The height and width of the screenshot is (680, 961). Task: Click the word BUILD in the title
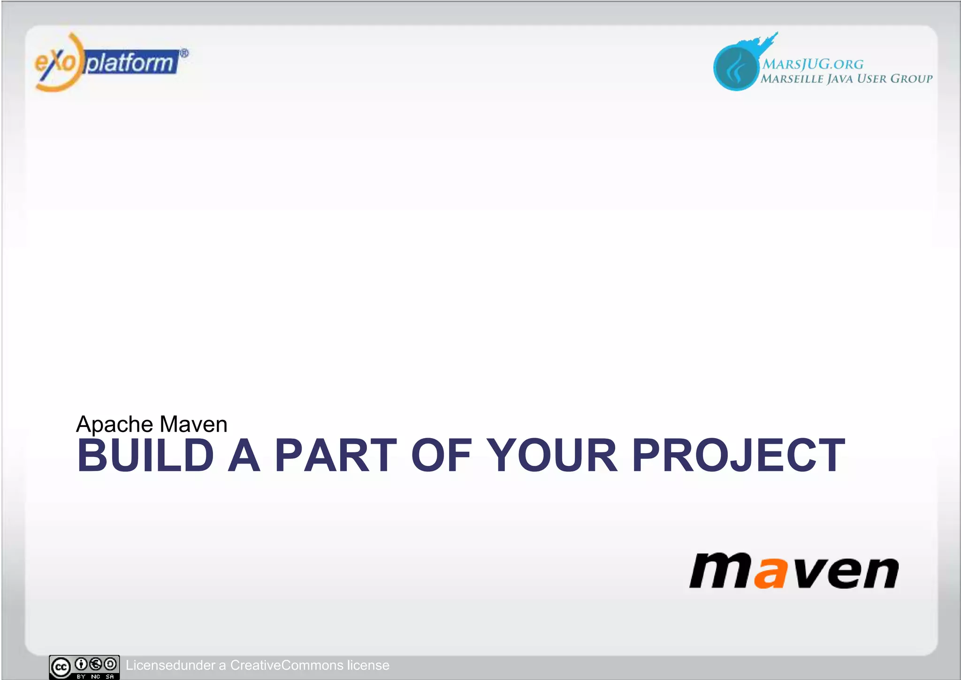(145, 455)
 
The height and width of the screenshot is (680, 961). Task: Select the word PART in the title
(336, 455)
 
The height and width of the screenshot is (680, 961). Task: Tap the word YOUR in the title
(552, 455)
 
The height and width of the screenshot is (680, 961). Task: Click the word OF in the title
(441, 455)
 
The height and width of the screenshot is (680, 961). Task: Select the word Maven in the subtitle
(193, 424)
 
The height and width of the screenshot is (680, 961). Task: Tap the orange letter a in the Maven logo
(770, 572)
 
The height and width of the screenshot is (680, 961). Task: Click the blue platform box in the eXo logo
(130, 62)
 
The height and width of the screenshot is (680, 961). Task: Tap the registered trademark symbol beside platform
(184, 54)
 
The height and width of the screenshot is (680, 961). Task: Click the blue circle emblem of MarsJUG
(735, 68)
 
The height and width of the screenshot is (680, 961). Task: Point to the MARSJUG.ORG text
(812, 64)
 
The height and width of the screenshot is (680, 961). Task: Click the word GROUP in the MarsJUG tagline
(911, 78)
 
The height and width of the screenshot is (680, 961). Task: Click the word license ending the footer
(368, 665)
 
